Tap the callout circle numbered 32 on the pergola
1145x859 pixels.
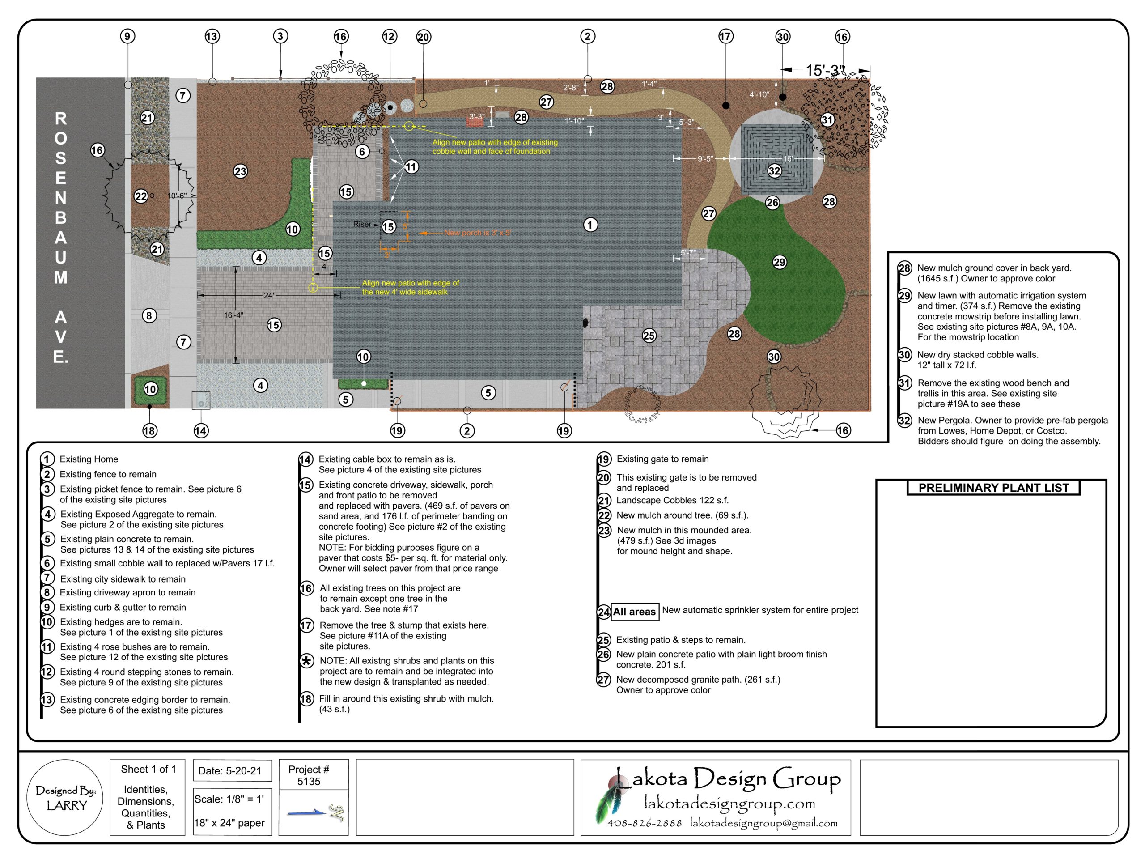[x=774, y=170]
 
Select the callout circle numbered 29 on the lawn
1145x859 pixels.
[x=780, y=262]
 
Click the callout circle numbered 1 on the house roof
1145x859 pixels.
[x=590, y=225]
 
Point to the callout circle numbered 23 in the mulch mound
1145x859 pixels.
[x=240, y=171]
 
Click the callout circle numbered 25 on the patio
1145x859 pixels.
[x=649, y=336]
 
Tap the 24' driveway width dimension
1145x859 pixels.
[x=269, y=295]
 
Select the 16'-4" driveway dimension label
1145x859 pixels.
[x=233, y=315]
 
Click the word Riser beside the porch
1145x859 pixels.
[x=362, y=224]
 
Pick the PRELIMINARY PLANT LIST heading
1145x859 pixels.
[x=993, y=488]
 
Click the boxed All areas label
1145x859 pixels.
[x=635, y=612]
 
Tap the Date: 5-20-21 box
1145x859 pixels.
[x=230, y=770]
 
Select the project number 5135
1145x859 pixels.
[x=309, y=781]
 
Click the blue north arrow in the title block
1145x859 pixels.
[x=307, y=813]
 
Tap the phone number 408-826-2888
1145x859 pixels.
[x=645, y=823]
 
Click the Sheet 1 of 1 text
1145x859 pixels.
[x=148, y=770]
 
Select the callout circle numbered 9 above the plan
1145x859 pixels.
[x=127, y=36]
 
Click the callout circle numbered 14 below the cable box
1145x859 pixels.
[x=201, y=430]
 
